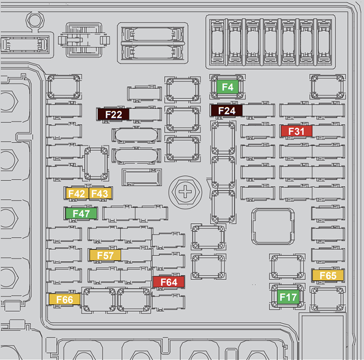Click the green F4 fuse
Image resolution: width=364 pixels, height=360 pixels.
[x=227, y=87]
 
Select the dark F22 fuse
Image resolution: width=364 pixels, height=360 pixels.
[x=113, y=114]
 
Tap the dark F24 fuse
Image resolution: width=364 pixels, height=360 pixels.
[x=227, y=111]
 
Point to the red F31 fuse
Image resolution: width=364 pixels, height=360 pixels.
[x=296, y=131]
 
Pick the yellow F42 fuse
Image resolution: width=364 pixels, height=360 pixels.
[x=76, y=194]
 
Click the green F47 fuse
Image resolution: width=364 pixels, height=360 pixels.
[x=81, y=213]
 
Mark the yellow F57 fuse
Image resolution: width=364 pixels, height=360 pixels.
[x=105, y=255]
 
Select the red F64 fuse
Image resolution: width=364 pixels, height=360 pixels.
[x=169, y=282]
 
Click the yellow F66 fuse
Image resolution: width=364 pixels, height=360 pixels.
[x=64, y=300]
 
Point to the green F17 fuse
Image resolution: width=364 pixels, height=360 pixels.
[x=288, y=298]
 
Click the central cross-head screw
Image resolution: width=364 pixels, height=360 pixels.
[x=184, y=192]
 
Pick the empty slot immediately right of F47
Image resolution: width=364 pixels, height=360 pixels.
[x=119, y=213]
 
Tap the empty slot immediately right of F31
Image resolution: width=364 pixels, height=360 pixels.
[x=328, y=131]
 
